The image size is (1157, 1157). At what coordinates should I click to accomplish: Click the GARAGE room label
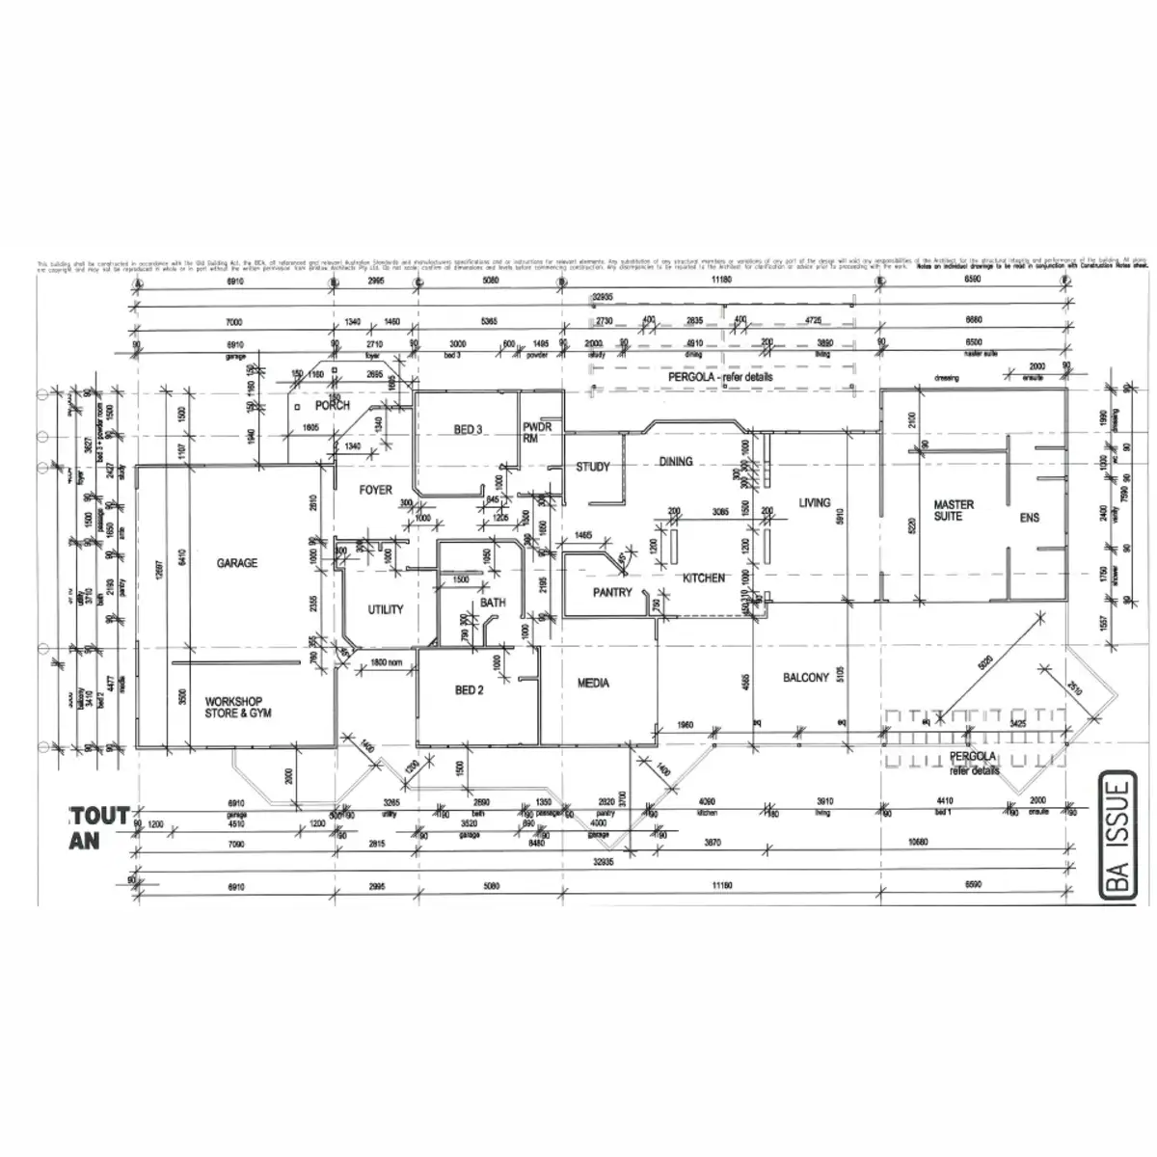tap(236, 563)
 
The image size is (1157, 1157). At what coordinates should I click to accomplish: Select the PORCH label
tap(333, 405)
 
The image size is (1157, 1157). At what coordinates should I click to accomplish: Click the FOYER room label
tap(375, 490)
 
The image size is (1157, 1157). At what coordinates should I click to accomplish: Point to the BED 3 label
tap(467, 430)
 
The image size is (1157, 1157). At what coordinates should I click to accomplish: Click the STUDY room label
tap(593, 468)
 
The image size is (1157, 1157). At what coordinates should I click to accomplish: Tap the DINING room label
tap(676, 462)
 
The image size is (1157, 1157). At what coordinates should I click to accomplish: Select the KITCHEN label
tap(703, 578)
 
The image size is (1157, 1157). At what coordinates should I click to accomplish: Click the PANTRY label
tap(611, 593)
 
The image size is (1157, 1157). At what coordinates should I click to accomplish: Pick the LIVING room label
tap(814, 502)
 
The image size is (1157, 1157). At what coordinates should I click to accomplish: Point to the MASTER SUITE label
tap(954, 510)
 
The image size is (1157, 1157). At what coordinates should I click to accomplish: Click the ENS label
tap(1030, 518)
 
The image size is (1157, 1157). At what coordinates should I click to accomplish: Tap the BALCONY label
tap(805, 678)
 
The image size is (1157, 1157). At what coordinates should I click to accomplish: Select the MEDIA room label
tap(593, 684)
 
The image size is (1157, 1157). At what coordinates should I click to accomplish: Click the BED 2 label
tap(469, 689)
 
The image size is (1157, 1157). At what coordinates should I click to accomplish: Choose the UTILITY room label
tap(386, 609)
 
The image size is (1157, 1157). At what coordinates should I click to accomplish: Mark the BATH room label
tap(493, 604)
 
